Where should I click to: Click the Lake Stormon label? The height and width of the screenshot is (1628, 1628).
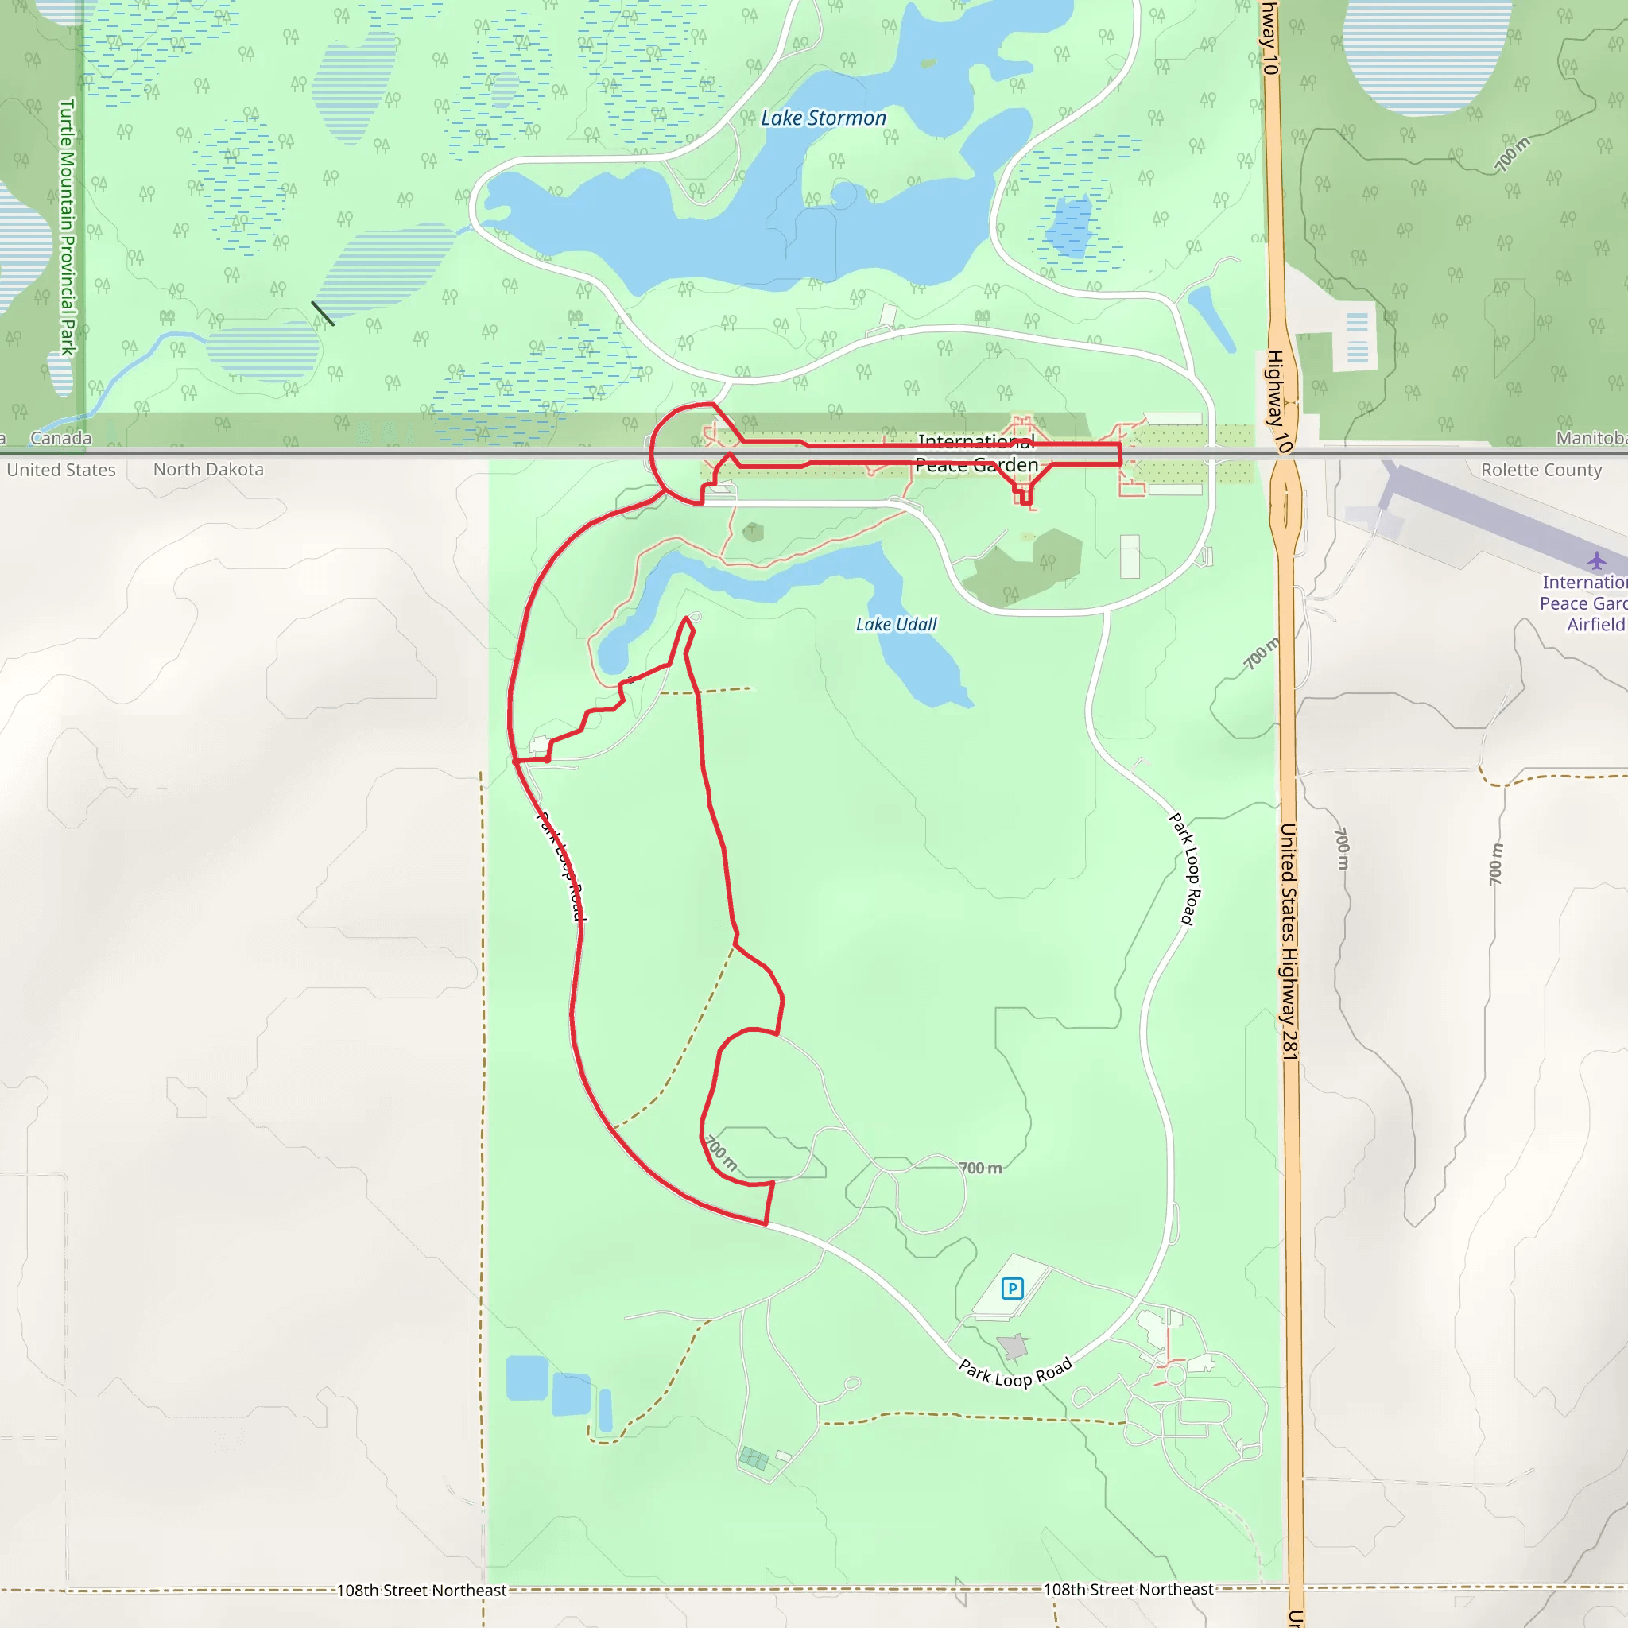pos(824,118)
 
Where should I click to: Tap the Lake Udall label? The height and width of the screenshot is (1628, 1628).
pos(896,624)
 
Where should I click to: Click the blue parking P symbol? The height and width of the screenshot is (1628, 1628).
pos(1012,1288)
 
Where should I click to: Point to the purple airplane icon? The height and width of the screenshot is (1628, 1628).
pos(1596,560)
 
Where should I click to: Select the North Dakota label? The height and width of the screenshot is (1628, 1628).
pos(208,469)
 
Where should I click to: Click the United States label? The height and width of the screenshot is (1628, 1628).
pos(60,471)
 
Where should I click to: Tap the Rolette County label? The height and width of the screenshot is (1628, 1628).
pos(1541,471)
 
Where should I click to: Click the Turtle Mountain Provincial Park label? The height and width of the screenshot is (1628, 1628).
pos(68,227)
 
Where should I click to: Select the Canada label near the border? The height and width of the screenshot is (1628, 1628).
pos(60,438)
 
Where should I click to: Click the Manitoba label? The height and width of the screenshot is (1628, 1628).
pos(1590,438)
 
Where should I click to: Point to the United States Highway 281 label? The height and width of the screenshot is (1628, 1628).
pos(1289,941)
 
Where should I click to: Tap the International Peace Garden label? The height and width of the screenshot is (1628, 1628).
pos(977,453)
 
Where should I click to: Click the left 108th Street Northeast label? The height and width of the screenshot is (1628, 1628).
pos(421,1590)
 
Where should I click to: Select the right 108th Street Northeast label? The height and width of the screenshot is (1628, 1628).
pos(1128,1589)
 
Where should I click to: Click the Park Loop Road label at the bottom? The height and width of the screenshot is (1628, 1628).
pos(1015,1373)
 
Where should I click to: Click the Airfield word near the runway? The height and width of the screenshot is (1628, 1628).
pos(1595,624)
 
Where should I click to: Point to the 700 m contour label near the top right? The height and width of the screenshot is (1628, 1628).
pos(1513,154)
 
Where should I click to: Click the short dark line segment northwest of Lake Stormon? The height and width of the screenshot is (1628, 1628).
pos(323,312)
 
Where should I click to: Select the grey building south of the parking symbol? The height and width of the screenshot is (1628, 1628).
pos(1014,1347)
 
